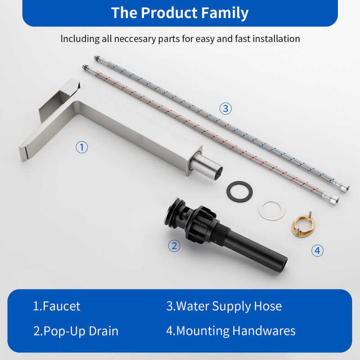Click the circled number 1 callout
pyautogui.click(x=82, y=147)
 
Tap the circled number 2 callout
pyautogui.click(x=174, y=246)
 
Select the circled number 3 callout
pyautogui.click(x=225, y=108)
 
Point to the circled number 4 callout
pyautogui.click(x=317, y=250)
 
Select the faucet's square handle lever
pyautogui.click(x=59, y=99)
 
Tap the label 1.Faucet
pyautogui.click(x=57, y=306)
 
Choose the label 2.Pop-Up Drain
pyautogui.click(x=76, y=331)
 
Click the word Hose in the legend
pyautogui.click(x=268, y=306)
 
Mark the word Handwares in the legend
pyautogui.click(x=264, y=331)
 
